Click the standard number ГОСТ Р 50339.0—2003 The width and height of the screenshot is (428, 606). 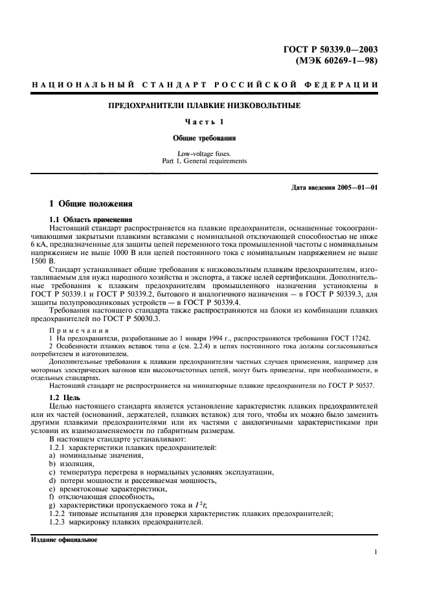point(332,49)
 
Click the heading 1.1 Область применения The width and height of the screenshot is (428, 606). point(91,219)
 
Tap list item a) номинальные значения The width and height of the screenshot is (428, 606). point(86,456)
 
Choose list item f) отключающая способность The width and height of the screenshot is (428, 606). point(94,497)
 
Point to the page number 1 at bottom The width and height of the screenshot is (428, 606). point(376,552)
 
